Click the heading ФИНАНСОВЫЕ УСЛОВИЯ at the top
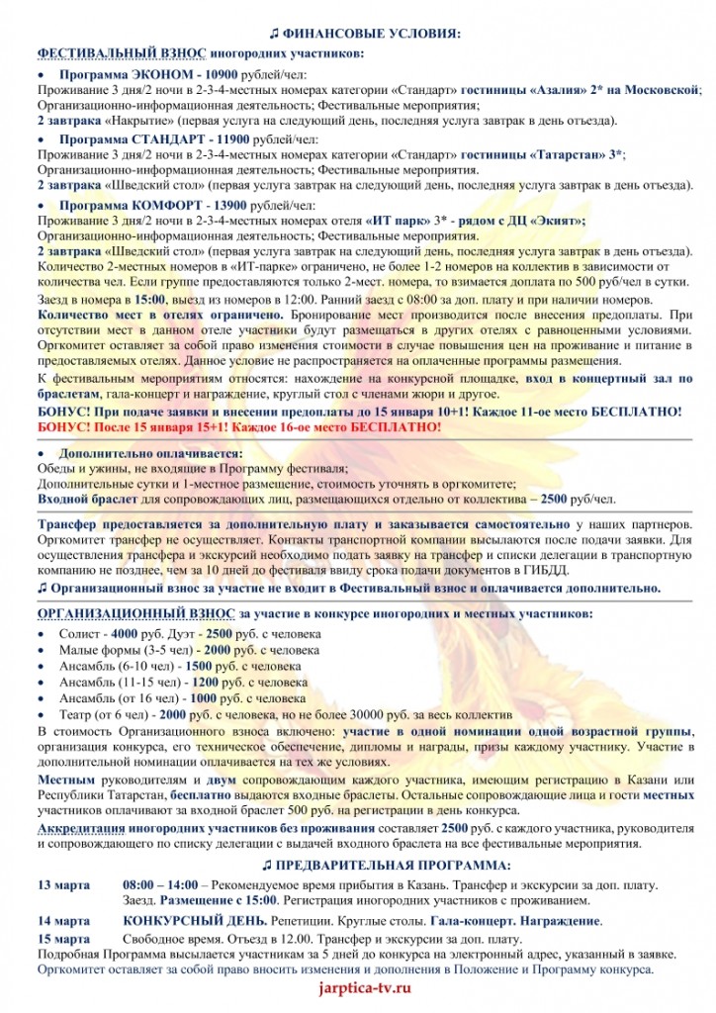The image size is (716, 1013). [x=365, y=35]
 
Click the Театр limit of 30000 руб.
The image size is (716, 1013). [x=407, y=714]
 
